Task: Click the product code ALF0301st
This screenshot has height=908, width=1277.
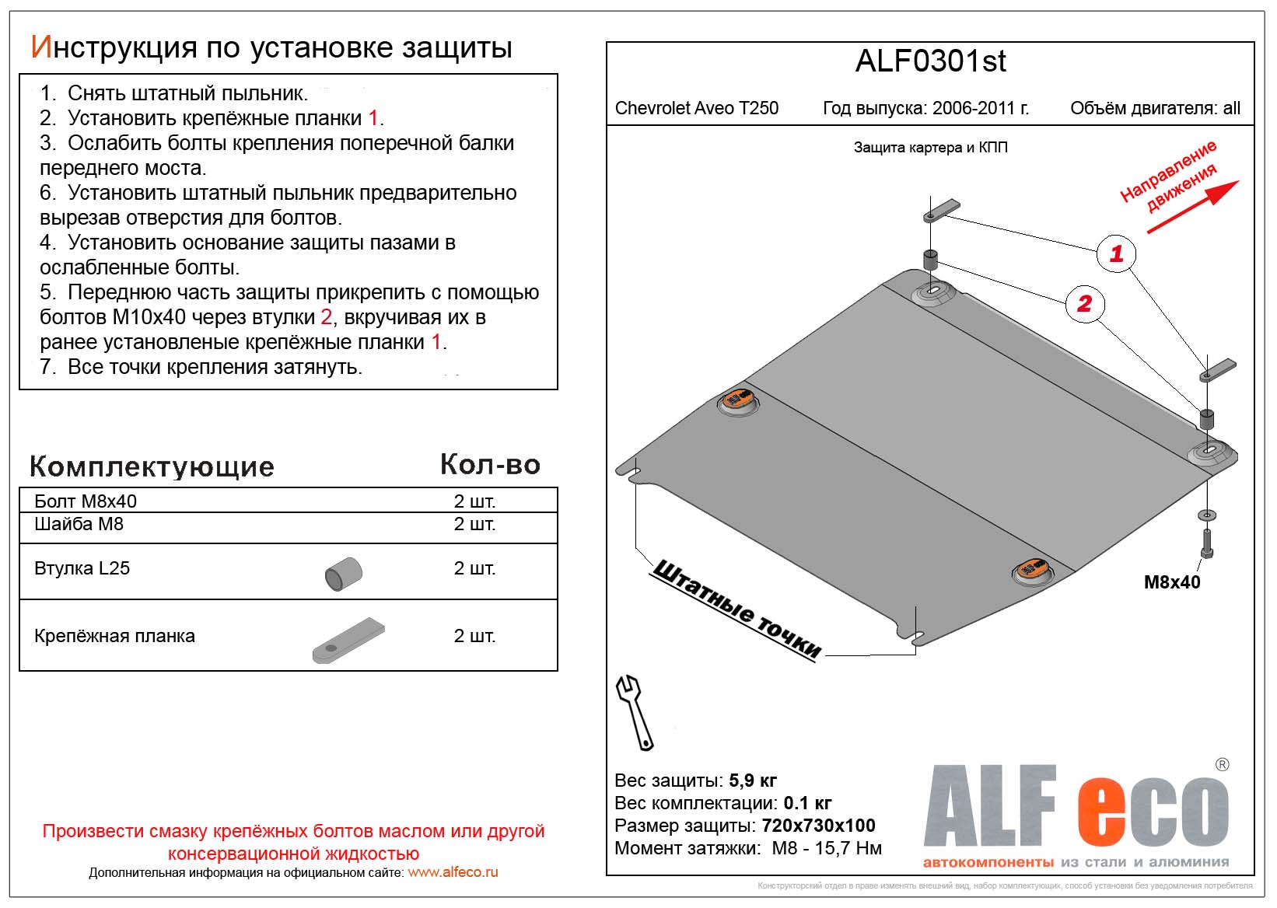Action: (x=930, y=61)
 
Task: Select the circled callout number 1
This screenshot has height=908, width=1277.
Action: (x=1116, y=253)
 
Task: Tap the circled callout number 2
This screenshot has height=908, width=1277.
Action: (x=1084, y=303)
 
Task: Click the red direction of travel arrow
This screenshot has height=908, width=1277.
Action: (x=1192, y=207)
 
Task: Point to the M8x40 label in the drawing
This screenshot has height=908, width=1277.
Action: (x=1171, y=582)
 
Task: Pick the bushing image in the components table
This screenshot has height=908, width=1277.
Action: (x=344, y=574)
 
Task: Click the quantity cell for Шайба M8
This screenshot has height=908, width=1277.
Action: (x=474, y=524)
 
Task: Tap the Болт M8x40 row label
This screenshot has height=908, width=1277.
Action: (x=86, y=501)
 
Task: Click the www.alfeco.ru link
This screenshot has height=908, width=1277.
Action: (x=453, y=872)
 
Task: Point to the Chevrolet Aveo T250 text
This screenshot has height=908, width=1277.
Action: (x=696, y=108)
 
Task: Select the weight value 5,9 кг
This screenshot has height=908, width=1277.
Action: (x=753, y=780)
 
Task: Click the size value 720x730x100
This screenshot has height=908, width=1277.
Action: (x=818, y=826)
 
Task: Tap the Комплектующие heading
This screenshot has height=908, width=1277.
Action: (x=152, y=466)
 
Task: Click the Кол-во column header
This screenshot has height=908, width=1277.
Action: (x=490, y=465)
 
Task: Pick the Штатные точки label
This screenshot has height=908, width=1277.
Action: (x=736, y=609)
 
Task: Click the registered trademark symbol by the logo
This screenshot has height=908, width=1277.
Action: (x=1222, y=765)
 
